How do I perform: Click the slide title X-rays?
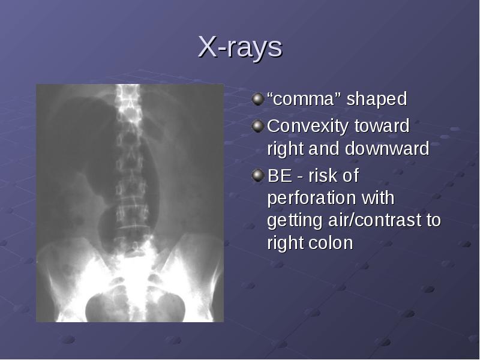(240, 47)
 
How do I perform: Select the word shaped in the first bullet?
(377, 99)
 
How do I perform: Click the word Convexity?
(308, 127)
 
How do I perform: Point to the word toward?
(382, 126)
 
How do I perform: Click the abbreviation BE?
(280, 176)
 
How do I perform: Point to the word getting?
(295, 221)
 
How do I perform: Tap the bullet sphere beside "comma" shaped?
(258, 99)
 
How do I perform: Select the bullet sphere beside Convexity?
(258, 126)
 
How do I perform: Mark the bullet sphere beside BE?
(258, 175)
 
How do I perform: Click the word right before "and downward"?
(285, 149)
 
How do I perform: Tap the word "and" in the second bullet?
(324, 148)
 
